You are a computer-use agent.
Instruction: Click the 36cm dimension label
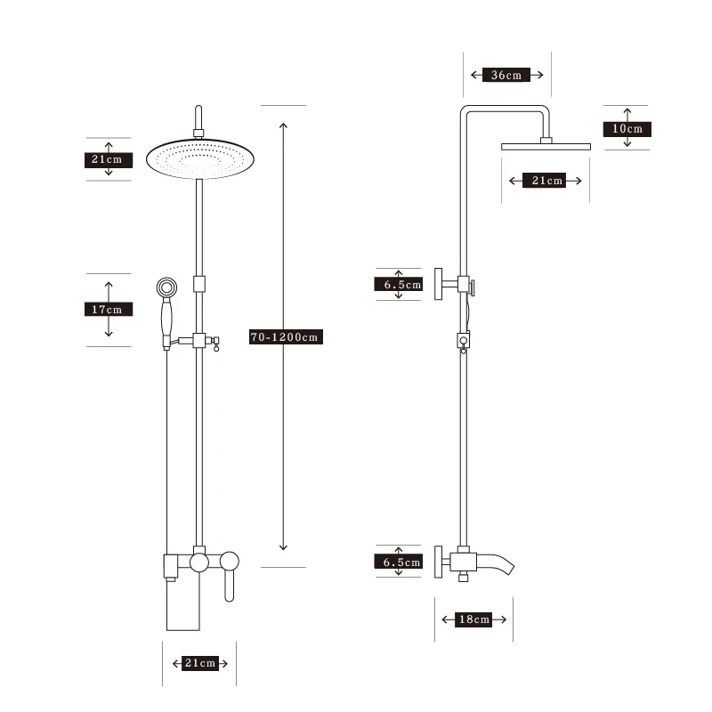coord(506,75)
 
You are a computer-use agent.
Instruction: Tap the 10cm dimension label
coord(627,129)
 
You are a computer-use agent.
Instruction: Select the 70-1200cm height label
coord(286,337)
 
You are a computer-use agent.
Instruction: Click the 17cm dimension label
coord(109,310)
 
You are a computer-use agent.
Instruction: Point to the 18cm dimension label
coord(473,619)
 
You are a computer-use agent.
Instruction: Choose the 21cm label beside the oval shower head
coord(109,160)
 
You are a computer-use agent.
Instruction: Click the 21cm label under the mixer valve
coord(199,663)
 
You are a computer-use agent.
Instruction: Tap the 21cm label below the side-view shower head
coord(544,181)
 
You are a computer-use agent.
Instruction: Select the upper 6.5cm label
coord(398,285)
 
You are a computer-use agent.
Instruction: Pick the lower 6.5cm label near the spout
coord(398,562)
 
